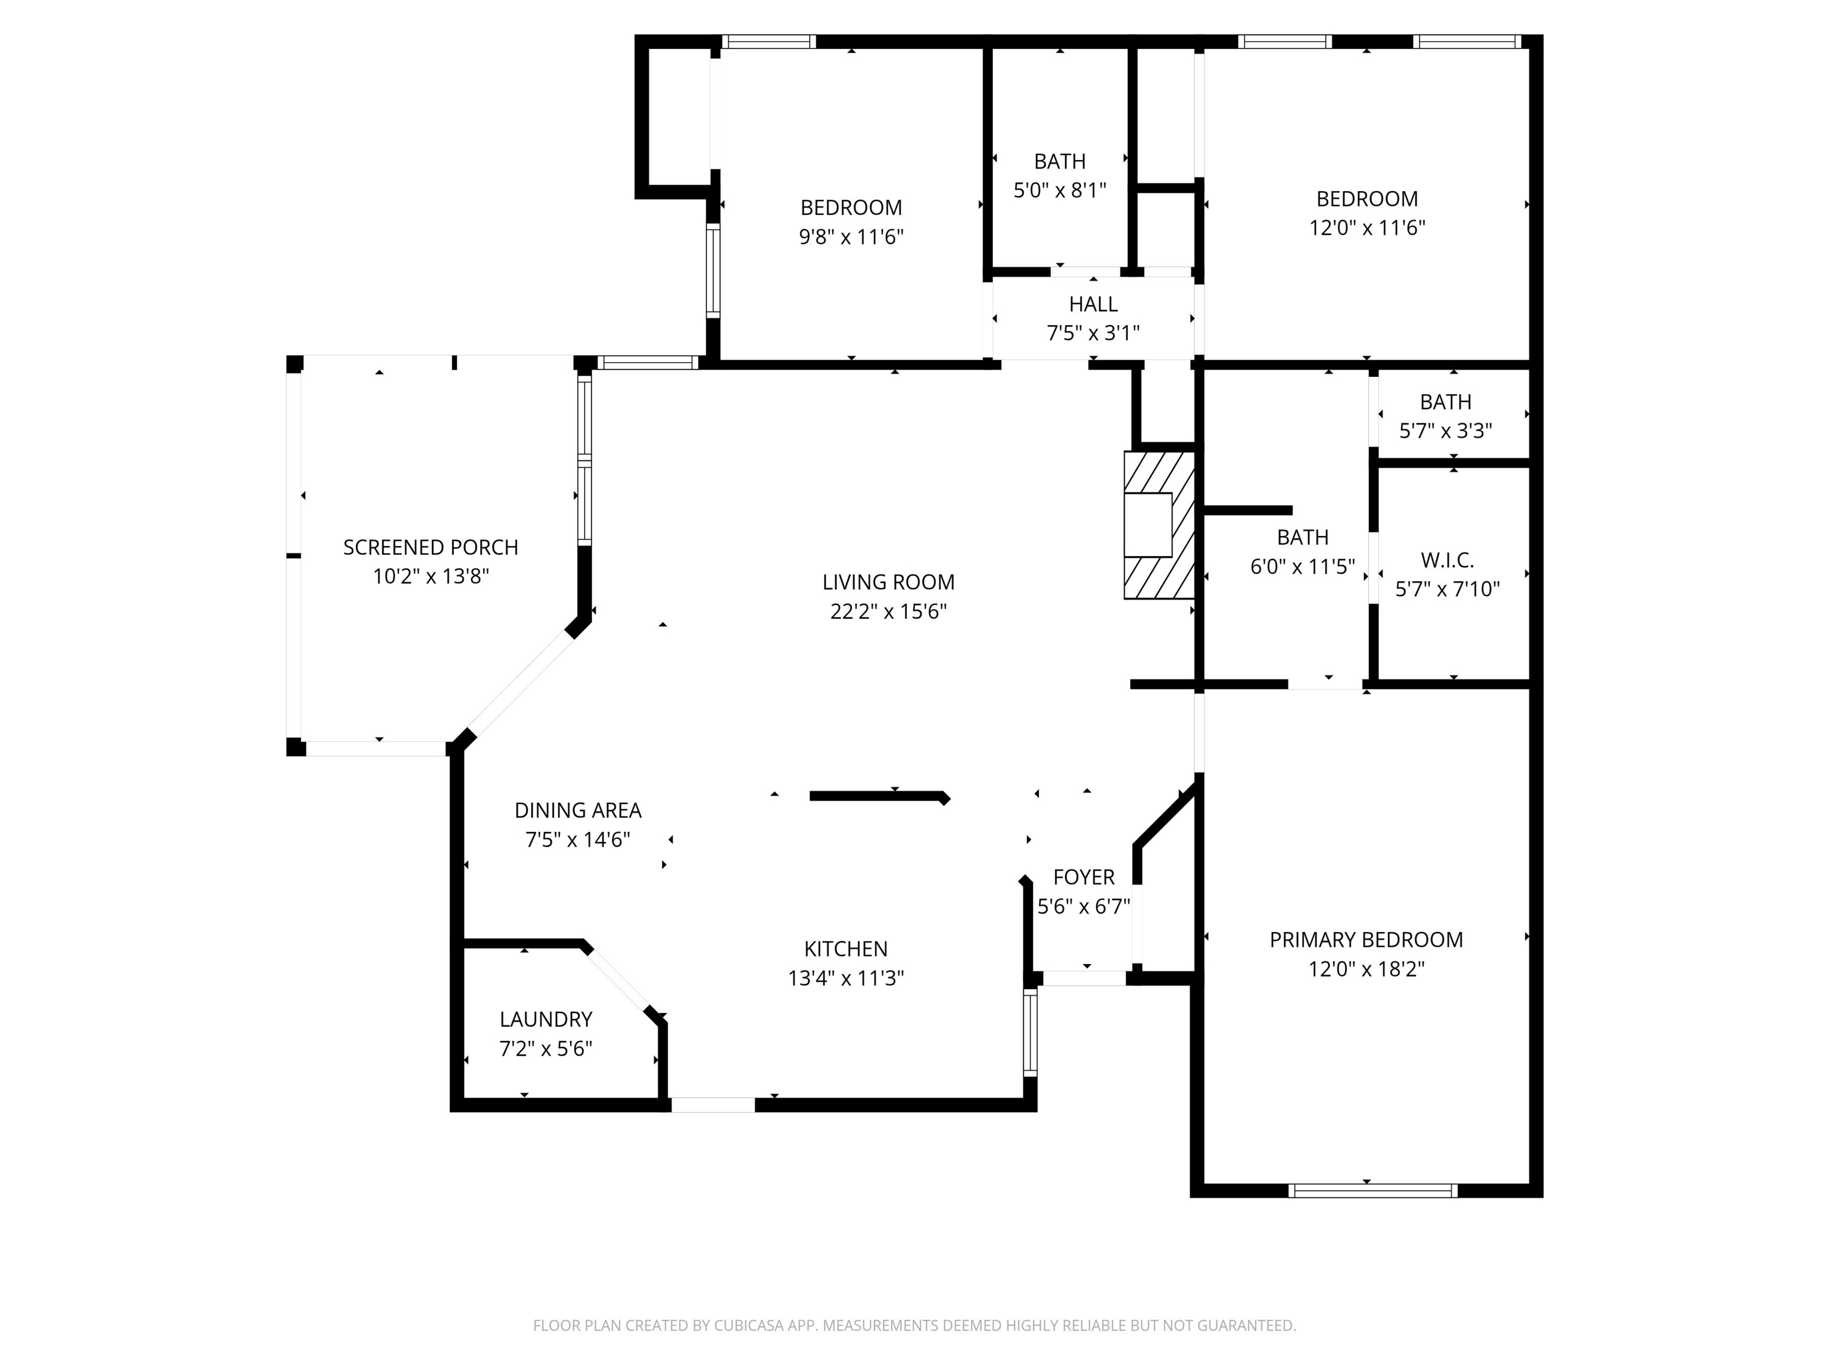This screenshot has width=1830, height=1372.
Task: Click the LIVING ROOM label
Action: point(888,582)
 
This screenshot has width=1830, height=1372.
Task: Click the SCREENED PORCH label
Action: point(430,547)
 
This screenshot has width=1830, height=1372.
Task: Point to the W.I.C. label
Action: point(1447,561)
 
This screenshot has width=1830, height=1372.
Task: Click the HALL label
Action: point(1093,304)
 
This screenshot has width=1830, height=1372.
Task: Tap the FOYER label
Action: point(1083,877)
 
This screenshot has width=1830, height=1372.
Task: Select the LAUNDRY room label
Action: point(545,1019)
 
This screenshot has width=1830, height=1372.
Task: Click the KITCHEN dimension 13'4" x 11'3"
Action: point(845,978)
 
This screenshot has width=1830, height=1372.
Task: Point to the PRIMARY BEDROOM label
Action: point(1366,940)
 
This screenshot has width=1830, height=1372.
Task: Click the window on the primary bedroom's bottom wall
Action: point(1372,1191)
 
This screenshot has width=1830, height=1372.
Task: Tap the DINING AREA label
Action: point(577,810)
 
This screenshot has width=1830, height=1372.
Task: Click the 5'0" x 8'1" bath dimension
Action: point(1060,190)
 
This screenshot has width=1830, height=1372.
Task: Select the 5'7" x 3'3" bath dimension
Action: point(1445,431)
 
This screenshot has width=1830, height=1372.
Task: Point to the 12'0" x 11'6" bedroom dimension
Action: point(1367,227)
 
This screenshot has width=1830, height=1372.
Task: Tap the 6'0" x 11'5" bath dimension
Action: point(1302,566)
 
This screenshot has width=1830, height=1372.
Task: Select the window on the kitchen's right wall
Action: point(1030,1032)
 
